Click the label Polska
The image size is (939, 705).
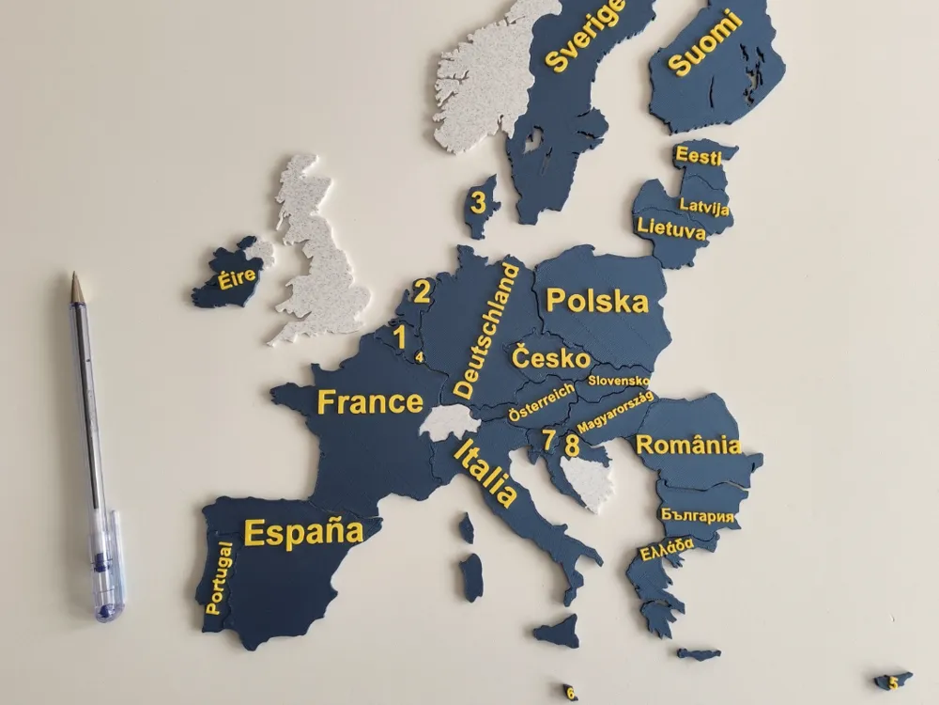tap(596, 302)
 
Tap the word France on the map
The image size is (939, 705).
tap(370, 402)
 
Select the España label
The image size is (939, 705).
tap(303, 532)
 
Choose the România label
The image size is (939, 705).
tap(688, 446)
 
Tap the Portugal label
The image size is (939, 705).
tap(219, 577)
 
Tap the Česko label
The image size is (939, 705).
tap(550, 358)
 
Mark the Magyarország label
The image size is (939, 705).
tap(615, 414)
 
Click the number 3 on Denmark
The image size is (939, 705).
tap(479, 202)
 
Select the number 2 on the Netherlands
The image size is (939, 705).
tap(423, 291)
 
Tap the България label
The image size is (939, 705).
tap(697, 517)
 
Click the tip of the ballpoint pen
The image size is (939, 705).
tap(73, 275)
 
